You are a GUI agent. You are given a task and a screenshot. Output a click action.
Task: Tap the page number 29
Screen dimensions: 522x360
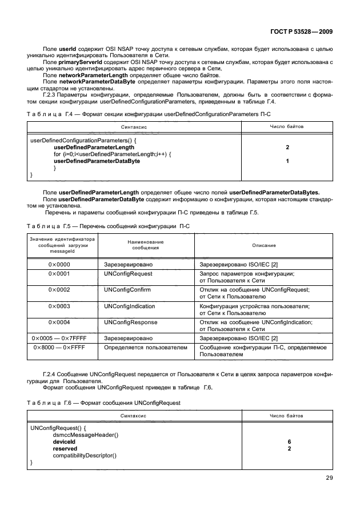coord(329,478)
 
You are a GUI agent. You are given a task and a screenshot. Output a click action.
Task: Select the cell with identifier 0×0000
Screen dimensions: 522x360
coord(59,265)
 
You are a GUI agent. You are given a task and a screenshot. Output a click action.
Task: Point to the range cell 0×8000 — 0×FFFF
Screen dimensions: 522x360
coord(59,347)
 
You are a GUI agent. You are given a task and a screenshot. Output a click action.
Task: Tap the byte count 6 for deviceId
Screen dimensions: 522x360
coord(289,442)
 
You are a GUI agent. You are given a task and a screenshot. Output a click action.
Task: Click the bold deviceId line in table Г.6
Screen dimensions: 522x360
coord(64,442)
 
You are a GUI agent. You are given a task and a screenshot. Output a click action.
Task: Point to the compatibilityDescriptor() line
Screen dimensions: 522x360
coord(84,455)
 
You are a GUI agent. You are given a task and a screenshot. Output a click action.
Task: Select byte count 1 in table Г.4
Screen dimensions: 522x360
coord(287,161)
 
